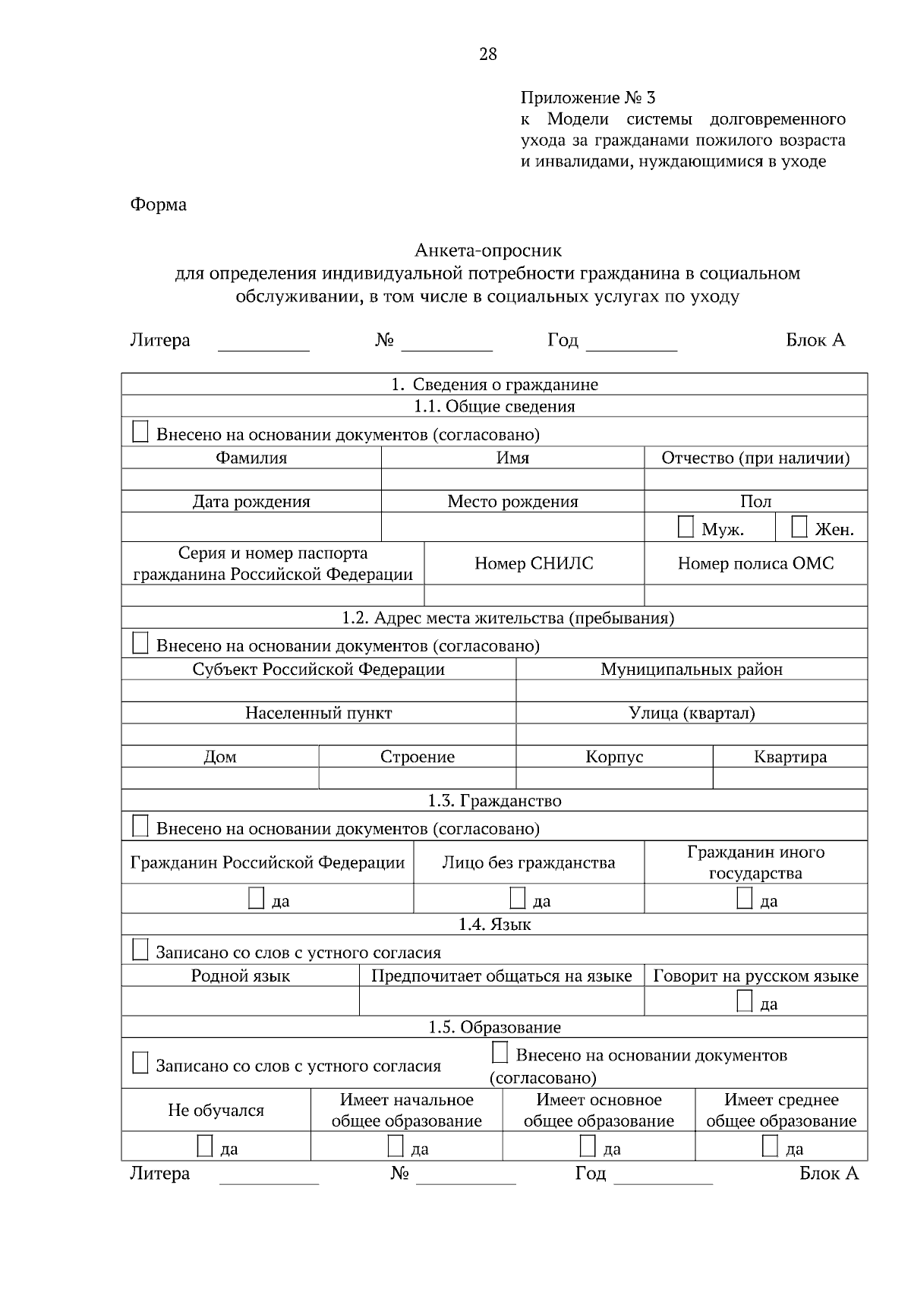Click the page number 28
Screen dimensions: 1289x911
pyautogui.click(x=487, y=54)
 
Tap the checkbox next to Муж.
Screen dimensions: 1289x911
pyautogui.click(x=686, y=528)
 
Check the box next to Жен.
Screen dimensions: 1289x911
pyautogui.click(x=799, y=528)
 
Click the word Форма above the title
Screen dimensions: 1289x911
pyautogui.click(x=159, y=204)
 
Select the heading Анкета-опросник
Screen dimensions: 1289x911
pyautogui.click(x=487, y=250)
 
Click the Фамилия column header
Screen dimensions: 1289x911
pyautogui.click(x=251, y=458)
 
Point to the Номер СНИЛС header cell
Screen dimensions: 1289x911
pyautogui.click(x=534, y=563)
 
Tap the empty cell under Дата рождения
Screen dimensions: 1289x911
pyautogui.click(x=251, y=527)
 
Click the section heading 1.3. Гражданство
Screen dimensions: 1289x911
pyautogui.click(x=494, y=801)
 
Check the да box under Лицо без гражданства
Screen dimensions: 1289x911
pyautogui.click(x=518, y=899)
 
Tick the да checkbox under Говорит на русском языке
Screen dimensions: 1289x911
pyautogui.click(x=745, y=1002)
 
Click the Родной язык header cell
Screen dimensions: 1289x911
pyautogui.click(x=240, y=976)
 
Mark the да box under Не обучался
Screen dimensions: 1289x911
pyautogui.click(x=204, y=1146)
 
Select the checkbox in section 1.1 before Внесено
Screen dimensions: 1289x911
pyautogui.click(x=140, y=433)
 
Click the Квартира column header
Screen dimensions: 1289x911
pyautogui.click(x=790, y=757)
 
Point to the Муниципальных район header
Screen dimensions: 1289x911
pyautogui.click(x=692, y=670)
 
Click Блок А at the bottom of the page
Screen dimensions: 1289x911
pyautogui.click(x=829, y=1174)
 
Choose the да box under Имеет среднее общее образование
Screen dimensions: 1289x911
pyautogui.click(x=770, y=1146)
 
